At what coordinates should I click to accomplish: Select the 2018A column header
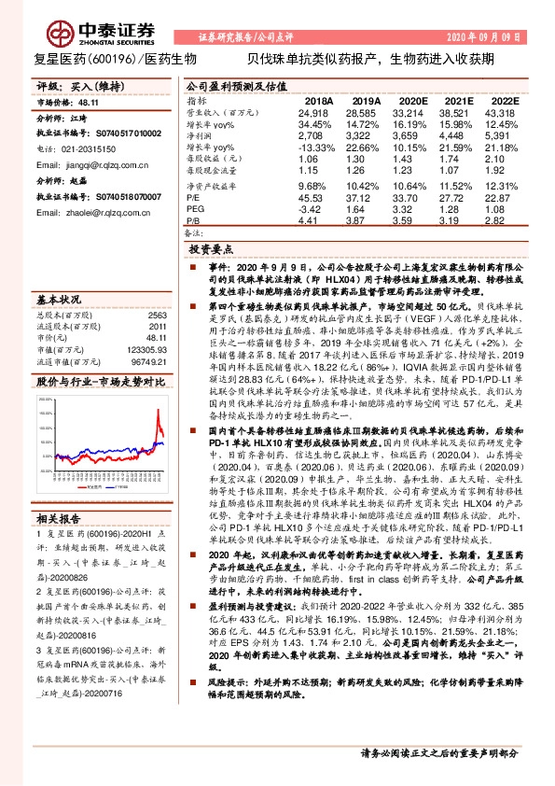click(x=318, y=99)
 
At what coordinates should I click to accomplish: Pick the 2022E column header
click(x=503, y=99)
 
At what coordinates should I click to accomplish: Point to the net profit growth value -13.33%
click(x=315, y=147)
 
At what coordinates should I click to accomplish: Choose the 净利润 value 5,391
click(x=503, y=135)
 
